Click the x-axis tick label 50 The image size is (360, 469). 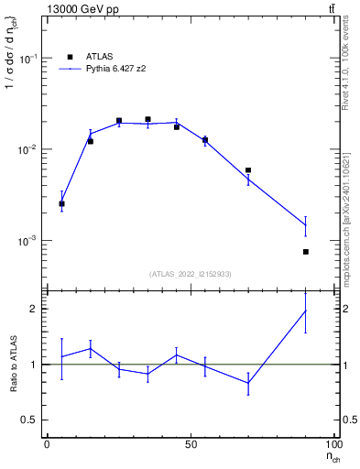[191, 445]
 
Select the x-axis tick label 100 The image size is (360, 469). [336, 445]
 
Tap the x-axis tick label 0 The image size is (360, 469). [47, 445]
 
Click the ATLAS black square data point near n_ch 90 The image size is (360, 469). [306, 252]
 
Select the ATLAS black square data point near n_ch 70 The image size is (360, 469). [248, 170]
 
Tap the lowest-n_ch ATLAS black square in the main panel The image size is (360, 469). [61, 203]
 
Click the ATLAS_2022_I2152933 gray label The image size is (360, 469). [191, 274]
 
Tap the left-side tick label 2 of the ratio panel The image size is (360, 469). [30, 309]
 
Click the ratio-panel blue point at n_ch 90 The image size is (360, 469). [306, 311]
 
